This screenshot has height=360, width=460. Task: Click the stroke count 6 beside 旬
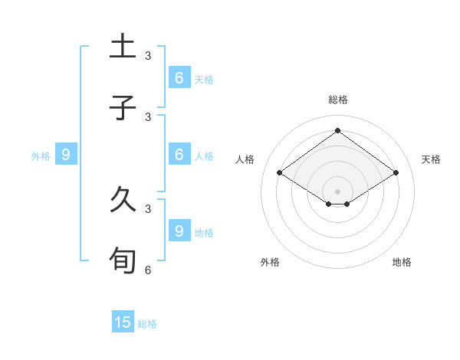tap(148, 270)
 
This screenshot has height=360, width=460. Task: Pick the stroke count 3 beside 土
tap(148, 56)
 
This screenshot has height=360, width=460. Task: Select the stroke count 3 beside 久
tap(148, 208)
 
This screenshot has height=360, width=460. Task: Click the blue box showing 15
tap(123, 322)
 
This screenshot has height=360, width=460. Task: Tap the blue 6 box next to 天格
tap(179, 77)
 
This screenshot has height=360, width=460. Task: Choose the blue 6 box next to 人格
tap(179, 154)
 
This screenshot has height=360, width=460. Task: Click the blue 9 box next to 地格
tap(179, 230)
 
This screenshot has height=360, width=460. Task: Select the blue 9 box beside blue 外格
tap(66, 155)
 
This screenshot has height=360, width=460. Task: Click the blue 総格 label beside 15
tap(147, 324)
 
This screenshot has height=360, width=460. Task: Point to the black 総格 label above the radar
tap(338, 100)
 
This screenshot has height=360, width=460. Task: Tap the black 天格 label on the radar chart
tap(431, 159)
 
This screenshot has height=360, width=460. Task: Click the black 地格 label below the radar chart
tap(402, 262)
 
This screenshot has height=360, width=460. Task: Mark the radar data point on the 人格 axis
tap(280, 173)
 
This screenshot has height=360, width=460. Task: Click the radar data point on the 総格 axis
tap(337, 130)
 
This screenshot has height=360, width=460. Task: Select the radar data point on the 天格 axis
tap(396, 173)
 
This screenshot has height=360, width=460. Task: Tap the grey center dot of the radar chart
tap(337, 191)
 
